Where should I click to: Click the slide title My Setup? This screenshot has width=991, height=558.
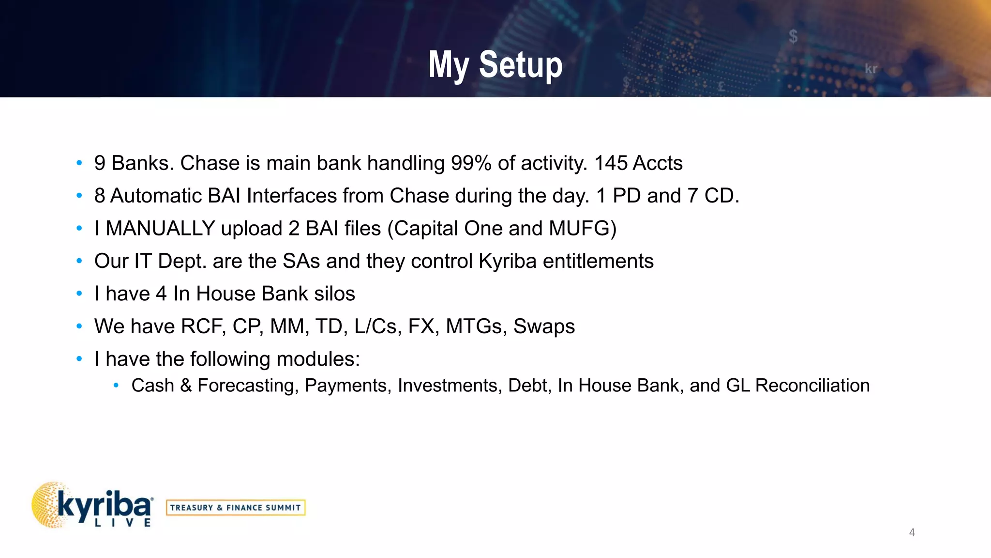click(495, 64)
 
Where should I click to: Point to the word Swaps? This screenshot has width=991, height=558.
click(544, 327)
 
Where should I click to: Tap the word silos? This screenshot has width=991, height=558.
click(334, 294)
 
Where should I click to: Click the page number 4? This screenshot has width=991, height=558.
click(912, 532)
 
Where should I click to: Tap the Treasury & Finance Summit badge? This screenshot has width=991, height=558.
click(236, 508)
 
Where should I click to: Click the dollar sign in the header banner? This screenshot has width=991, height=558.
click(793, 36)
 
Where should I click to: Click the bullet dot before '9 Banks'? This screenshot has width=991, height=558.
click(79, 163)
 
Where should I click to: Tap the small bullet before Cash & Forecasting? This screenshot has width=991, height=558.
click(116, 386)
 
